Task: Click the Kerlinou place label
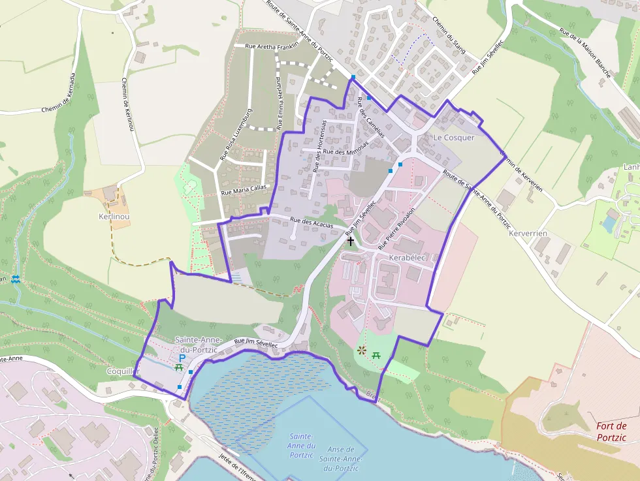click(114, 216)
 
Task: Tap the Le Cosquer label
click(454, 138)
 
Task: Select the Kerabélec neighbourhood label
click(406, 258)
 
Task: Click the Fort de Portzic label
click(611, 432)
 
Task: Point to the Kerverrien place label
click(527, 233)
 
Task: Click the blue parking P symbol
click(182, 358)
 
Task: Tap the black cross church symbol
click(351, 241)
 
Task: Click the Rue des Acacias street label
click(312, 223)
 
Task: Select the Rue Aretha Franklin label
click(272, 46)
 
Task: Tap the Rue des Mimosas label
click(345, 152)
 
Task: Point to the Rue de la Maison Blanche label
click(584, 52)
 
